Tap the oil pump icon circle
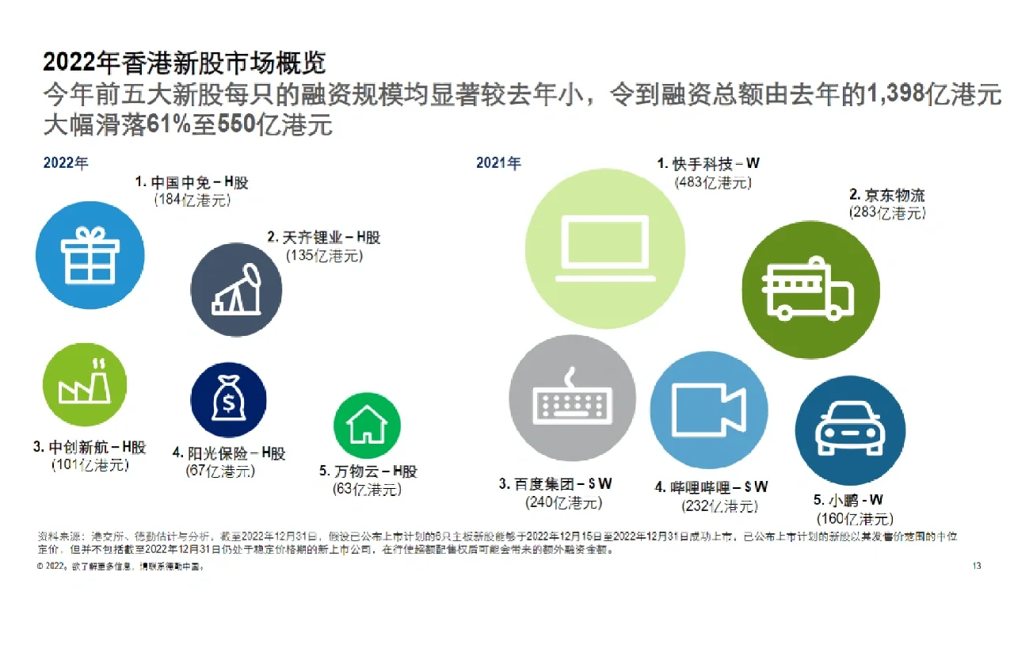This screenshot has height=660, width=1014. coord(236,289)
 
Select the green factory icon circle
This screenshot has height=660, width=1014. coord(84,384)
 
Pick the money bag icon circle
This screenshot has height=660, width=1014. coord(228,400)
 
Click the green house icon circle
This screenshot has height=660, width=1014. coord(366,425)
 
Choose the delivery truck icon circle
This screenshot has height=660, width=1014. coord(810,290)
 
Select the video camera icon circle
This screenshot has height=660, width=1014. coord(708,410)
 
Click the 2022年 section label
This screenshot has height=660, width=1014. coord(66,163)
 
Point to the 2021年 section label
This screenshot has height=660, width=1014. coord(498,163)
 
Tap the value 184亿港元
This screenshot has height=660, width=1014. coord(193,200)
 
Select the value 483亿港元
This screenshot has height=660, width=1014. coord(713,182)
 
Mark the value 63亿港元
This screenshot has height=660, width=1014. coord(367,489)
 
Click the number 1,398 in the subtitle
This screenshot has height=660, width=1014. coord(897,94)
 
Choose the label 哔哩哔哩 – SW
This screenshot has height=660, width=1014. coord(711,487)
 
